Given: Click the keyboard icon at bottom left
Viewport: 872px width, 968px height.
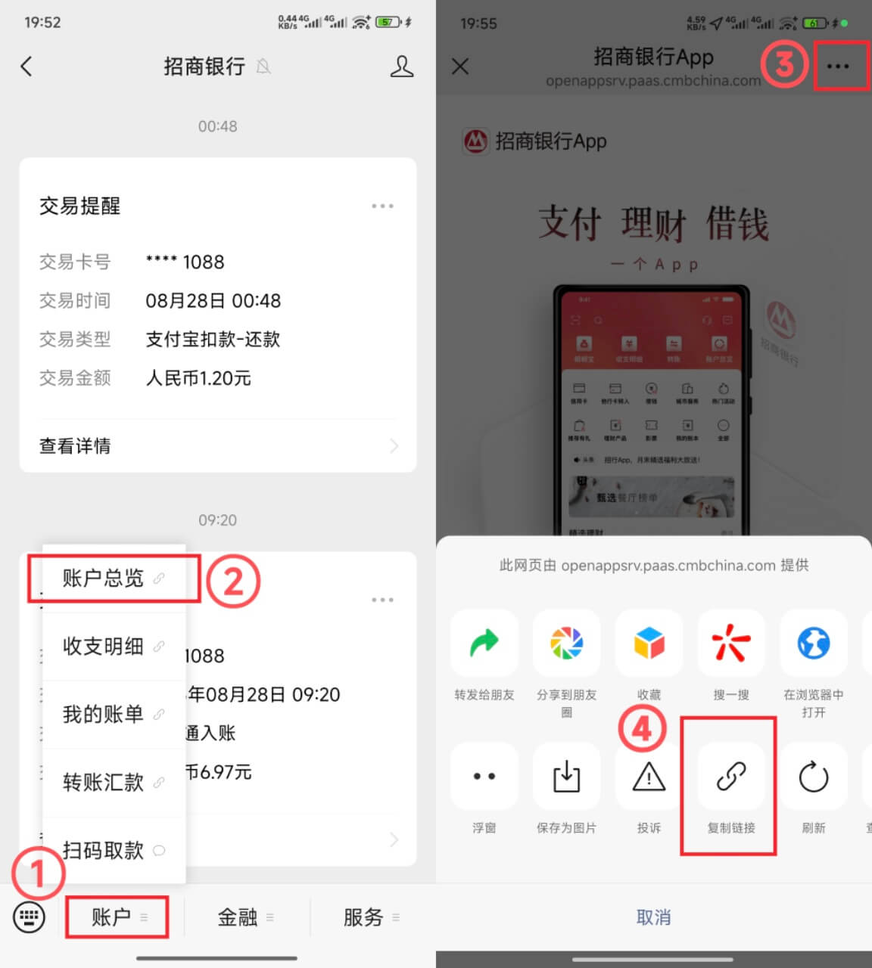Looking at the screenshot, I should pyautogui.click(x=30, y=917).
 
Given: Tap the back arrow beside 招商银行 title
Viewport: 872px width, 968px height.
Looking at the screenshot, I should pyautogui.click(x=26, y=67).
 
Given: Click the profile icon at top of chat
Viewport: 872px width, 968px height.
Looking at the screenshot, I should pyautogui.click(x=401, y=67).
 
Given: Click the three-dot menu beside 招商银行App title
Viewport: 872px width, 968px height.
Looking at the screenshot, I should pyautogui.click(x=838, y=67).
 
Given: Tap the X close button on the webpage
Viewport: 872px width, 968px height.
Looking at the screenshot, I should pyautogui.click(x=459, y=67).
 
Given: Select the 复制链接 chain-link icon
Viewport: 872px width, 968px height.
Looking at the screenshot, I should pyautogui.click(x=731, y=777).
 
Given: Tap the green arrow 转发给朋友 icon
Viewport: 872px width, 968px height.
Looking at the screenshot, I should pyautogui.click(x=484, y=644).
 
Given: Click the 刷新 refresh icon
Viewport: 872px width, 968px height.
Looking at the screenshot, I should pyautogui.click(x=814, y=777).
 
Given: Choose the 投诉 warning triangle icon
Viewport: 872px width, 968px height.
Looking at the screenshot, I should pyautogui.click(x=649, y=777).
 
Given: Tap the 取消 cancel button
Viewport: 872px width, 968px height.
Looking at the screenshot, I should pyautogui.click(x=653, y=917).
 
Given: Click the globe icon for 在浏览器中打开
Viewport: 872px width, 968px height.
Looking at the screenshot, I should pyautogui.click(x=814, y=644).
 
